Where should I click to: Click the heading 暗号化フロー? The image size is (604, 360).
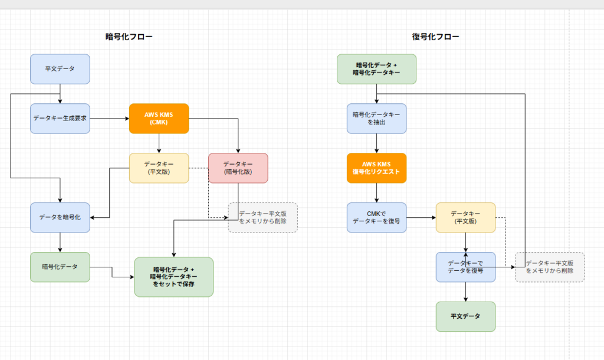click(x=129, y=37)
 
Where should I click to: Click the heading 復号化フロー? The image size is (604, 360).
click(x=435, y=37)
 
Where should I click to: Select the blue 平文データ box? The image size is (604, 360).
click(x=60, y=68)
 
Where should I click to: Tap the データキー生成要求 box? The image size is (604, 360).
click(x=60, y=118)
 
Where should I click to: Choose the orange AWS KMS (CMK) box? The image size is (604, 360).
click(x=159, y=118)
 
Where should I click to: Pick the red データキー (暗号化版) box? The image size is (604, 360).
click(x=238, y=168)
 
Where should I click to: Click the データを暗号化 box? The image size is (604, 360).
click(x=60, y=217)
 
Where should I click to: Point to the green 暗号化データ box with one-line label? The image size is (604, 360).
click(x=60, y=267)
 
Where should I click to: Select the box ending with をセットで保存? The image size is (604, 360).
click(x=173, y=276)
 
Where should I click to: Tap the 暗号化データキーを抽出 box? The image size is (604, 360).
click(x=376, y=118)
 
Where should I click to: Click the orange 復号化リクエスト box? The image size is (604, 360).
click(x=376, y=168)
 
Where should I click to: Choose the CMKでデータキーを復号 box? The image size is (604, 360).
click(x=376, y=217)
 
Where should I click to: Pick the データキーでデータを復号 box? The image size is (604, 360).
click(x=465, y=267)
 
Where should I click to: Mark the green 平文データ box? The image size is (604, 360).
click(x=465, y=316)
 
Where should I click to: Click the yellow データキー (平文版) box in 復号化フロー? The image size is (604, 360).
click(x=465, y=217)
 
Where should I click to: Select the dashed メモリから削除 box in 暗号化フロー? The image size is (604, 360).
click(x=263, y=217)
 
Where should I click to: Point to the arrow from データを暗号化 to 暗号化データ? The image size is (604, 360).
click(x=60, y=242)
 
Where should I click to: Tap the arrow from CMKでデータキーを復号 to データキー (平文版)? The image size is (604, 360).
click(x=421, y=217)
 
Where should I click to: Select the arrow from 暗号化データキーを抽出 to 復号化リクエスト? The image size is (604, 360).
click(x=376, y=143)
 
